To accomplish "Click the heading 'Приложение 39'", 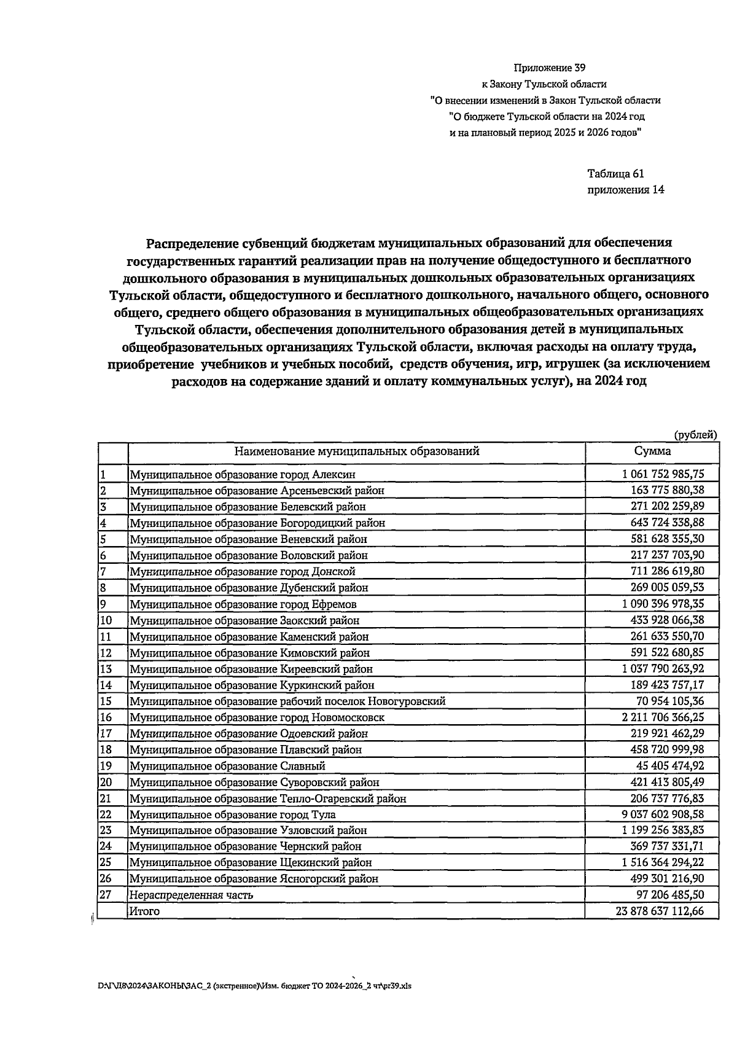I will point(545,68).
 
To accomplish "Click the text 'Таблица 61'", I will point(615,174).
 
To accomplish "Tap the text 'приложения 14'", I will point(625,190).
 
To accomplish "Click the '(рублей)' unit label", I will point(695,435).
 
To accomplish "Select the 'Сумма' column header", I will point(652,451).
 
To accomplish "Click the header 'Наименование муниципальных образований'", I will point(356,452).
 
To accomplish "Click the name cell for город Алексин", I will point(242,475).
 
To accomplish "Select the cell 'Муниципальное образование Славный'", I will point(227,767).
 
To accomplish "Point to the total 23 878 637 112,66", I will point(660,911).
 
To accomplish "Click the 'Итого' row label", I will point(144,911).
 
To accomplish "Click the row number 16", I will point(106,717).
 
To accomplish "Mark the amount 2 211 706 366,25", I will point(663,717).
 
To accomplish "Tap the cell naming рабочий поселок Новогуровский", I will point(287,701).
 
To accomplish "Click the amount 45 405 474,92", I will point(670,766).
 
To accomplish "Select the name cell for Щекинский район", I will point(251,863).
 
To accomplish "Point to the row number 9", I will point(103,604).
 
